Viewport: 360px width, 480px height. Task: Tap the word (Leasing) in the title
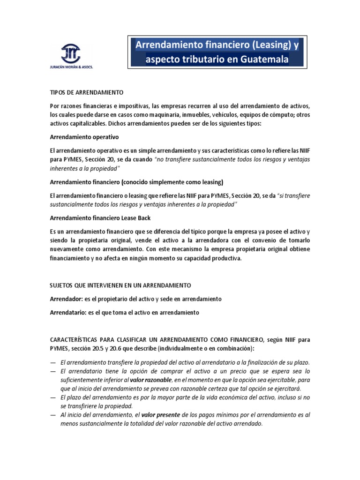(261, 45)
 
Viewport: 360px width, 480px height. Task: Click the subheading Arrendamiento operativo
(84, 137)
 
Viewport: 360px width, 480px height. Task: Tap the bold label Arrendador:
(66, 299)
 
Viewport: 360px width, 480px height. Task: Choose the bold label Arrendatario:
(68, 312)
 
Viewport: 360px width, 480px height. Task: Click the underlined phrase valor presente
(156, 415)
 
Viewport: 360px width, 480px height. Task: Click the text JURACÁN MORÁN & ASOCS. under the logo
(71, 67)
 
